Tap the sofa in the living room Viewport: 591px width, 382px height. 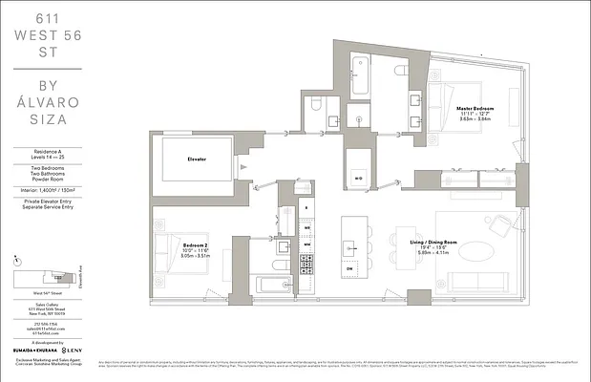[x=476, y=284]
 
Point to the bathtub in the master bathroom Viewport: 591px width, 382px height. [x=361, y=76]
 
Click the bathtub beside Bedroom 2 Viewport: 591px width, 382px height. [x=277, y=284]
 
